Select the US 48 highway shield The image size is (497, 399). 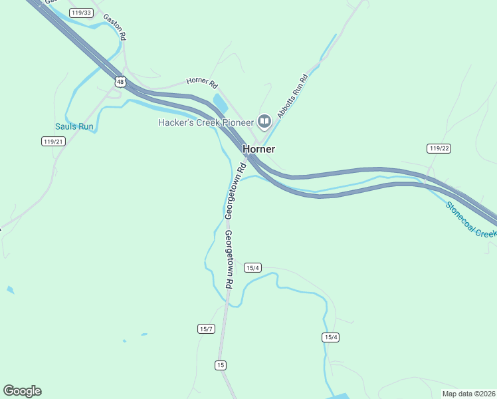[x=120, y=82]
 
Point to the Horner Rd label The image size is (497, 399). [x=202, y=82]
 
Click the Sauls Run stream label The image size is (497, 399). [x=74, y=126]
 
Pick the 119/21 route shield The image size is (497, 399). [x=52, y=141]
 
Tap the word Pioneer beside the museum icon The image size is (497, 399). [x=236, y=122]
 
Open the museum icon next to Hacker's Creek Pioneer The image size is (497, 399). [x=264, y=121]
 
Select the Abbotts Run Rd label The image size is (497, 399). [x=292, y=97]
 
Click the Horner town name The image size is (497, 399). [x=258, y=149]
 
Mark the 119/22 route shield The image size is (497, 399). [x=439, y=148]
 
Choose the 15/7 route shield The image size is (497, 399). [x=206, y=329]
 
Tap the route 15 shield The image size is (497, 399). [x=221, y=364]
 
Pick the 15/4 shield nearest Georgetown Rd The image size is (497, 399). [x=252, y=267]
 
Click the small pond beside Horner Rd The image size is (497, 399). [x=219, y=102]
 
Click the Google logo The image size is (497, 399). [x=22, y=391]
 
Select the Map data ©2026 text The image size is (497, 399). [x=468, y=394]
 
